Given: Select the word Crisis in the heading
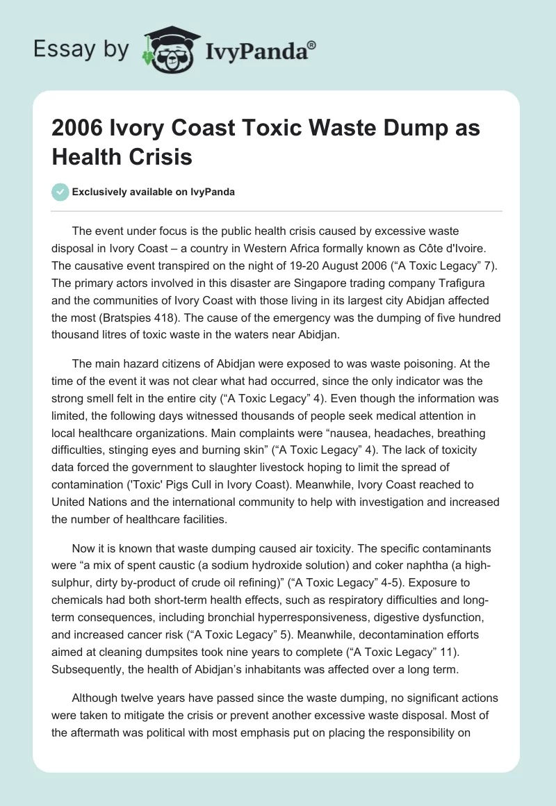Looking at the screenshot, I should coord(161,157).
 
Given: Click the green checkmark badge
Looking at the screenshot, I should coord(60,192).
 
